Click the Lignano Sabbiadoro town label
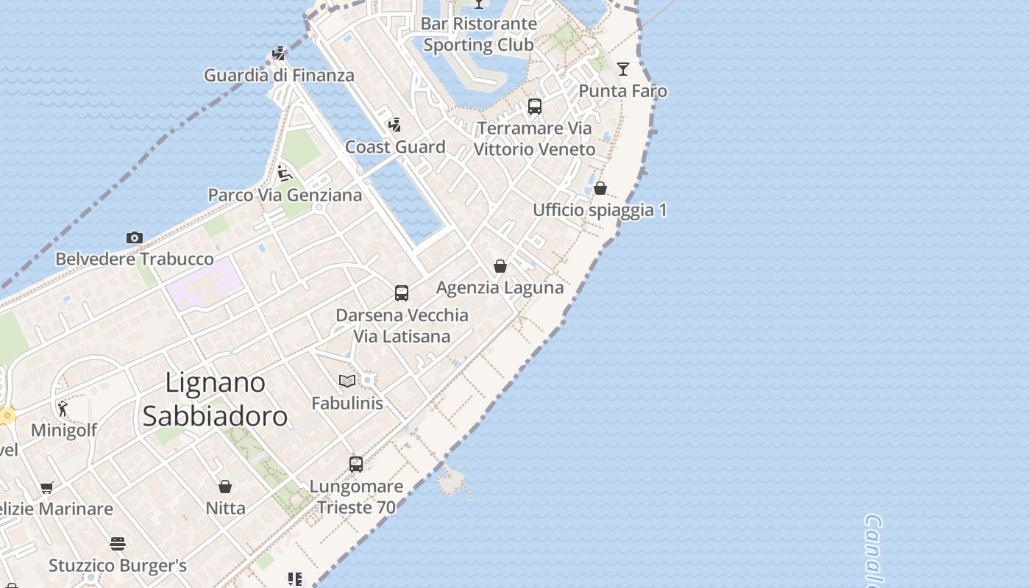[x=215, y=399]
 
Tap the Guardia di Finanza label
[x=279, y=75]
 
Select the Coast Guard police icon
[x=395, y=125]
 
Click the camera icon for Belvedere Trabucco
[x=134, y=237]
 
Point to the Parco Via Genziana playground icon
[x=285, y=173]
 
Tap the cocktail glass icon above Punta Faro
[x=623, y=69]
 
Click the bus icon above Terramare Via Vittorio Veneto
[x=535, y=107]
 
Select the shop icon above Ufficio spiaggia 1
[x=600, y=188]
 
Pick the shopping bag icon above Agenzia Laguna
[x=500, y=266]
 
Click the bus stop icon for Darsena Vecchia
[x=402, y=293]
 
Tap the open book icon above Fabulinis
[x=347, y=381]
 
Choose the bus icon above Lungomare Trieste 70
[x=356, y=465]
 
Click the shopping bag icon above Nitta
[x=225, y=487]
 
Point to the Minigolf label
[x=64, y=430]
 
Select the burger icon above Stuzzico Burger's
[x=118, y=544]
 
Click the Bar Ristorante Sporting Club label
[x=479, y=34]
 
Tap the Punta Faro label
[x=623, y=91]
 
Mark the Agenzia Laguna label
[x=500, y=287]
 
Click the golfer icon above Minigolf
[x=63, y=409]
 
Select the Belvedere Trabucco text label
[x=135, y=259]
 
